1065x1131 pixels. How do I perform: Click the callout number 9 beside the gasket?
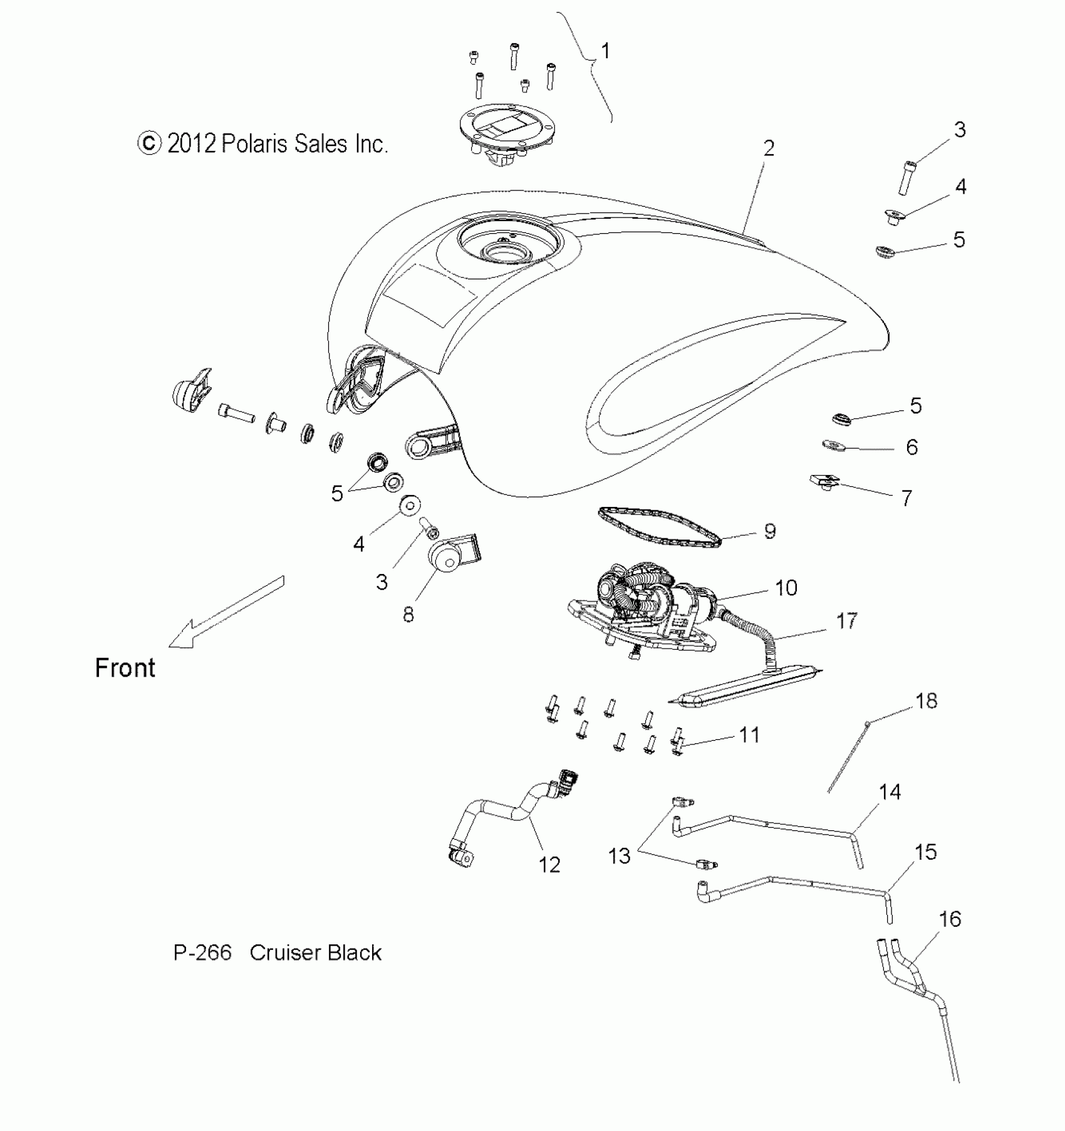click(x=770, y=531)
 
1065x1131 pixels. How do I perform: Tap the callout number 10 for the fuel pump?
click(x=786, y=588)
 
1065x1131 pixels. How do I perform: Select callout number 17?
click(x=847, y=621)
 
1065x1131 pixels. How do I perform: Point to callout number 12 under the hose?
click(x=549, y=865)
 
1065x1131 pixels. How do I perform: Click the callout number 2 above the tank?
click(x=769, y=148)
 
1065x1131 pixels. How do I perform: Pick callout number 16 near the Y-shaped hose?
click(x=950, y=919)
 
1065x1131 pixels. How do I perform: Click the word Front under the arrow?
click(x=125, y=668)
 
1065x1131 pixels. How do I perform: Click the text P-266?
click(x=202, y=953)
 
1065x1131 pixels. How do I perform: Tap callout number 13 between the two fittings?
click(x=620, y=856)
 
